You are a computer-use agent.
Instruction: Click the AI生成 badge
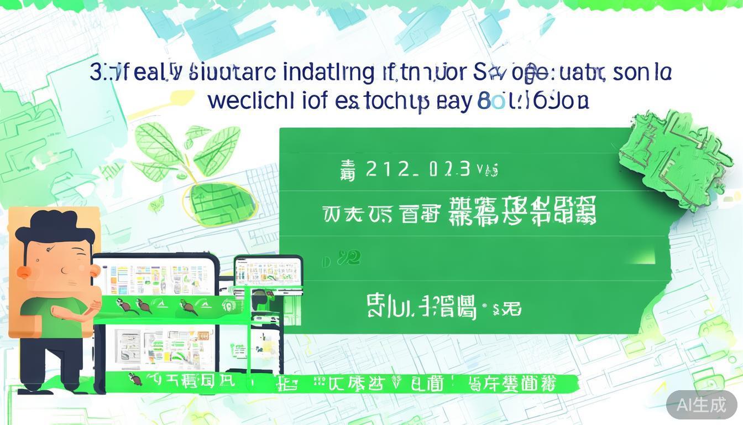click(x=702, y=405)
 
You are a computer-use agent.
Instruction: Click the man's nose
click(x=66, y=269)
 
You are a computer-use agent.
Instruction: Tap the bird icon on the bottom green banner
click(x=133, y=379)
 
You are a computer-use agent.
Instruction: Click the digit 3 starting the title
click(x=95, y=72)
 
